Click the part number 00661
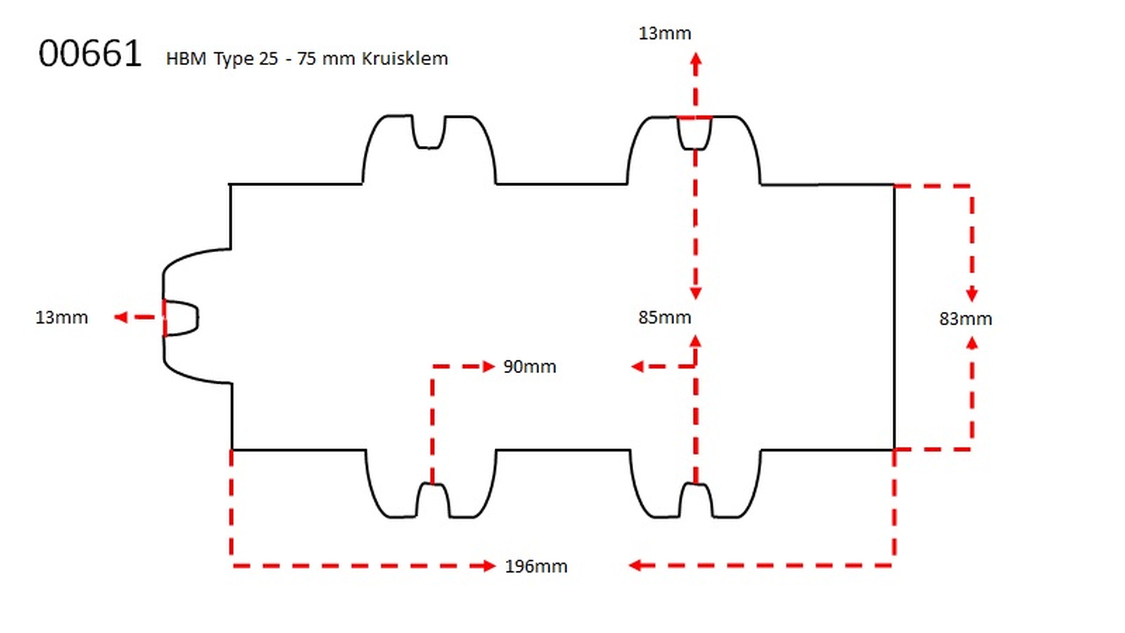point(90,54)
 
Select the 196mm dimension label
point(536,566)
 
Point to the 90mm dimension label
point(529,367)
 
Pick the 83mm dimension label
point(965,319)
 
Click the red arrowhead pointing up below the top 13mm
point(696,59)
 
